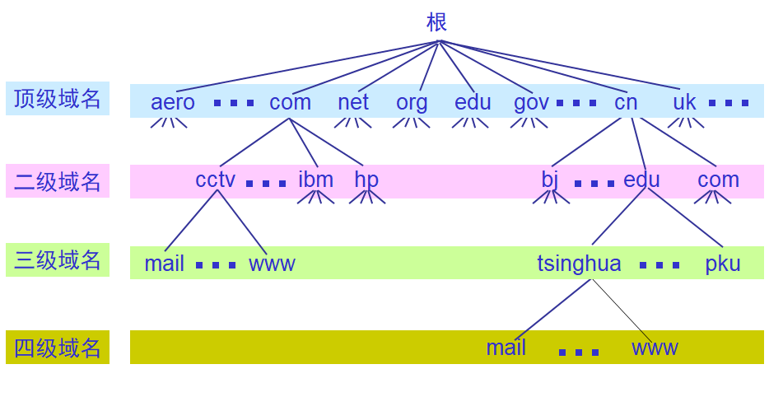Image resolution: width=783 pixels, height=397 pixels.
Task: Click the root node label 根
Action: click(436, 22)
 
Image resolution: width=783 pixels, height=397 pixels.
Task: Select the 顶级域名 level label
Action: click(58, 100)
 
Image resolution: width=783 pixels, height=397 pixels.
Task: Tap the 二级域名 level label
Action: click(58, 181)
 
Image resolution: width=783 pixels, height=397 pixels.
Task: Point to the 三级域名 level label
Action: click(58, 260)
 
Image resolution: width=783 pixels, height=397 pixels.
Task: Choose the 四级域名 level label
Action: click(58, 348)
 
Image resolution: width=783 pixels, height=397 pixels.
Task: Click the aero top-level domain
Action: click(173, 102)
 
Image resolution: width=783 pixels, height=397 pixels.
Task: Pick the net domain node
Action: click(353, 102)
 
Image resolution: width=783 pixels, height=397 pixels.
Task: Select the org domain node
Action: click(412, 102)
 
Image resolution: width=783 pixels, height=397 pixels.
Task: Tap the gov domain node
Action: click(531, 102)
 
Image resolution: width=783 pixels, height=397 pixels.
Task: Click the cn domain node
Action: click(626, 102)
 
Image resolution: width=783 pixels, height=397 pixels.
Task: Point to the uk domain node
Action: click(684, 102)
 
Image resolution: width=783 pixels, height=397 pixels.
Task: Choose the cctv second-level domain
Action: click(215, 180)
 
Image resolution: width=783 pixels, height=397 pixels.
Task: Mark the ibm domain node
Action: click(316, 180)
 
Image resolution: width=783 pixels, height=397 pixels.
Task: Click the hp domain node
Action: click(366, 180)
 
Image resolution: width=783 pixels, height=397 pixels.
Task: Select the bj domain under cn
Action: click(550, 180)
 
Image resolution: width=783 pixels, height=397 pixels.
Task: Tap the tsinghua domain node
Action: click(579, 264)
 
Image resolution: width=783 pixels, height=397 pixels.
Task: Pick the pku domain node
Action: click(723, 264)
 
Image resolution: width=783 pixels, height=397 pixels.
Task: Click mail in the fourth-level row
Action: click(506, 348)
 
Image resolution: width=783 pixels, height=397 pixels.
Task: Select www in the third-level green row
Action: click(272, 264)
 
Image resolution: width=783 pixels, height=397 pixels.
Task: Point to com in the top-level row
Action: click(290, 102)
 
